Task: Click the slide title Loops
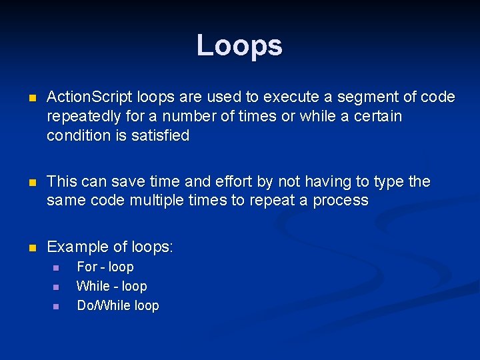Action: coord(239,45)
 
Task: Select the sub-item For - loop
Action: coord(105,267)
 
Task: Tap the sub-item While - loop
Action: coord(112,286)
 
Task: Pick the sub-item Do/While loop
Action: coord(118,305)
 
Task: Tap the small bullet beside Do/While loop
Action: coord(56,306)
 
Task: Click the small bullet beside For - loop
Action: coord(56,267)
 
